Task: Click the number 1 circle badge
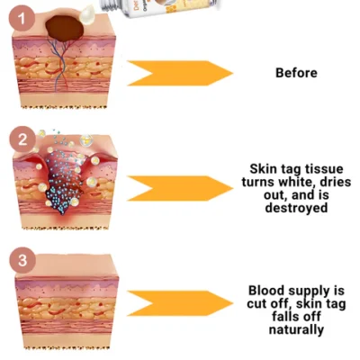[x=23, y=16]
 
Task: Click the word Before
[x=296, y=72]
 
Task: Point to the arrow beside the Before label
[x=179, y=73]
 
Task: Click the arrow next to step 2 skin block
[x=179, y=188]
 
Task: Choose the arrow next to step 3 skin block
[x=179, y=302]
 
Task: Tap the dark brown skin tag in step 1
[x=66, y=28]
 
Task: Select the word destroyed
[x=296, y=207]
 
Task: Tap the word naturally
[x=296, y=329]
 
